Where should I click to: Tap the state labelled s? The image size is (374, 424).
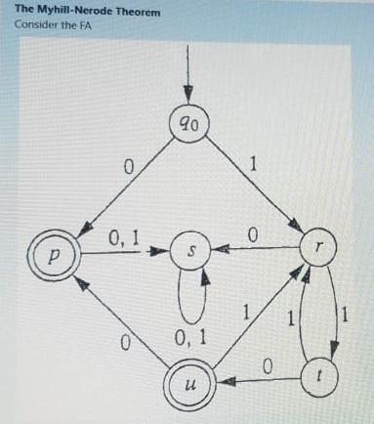(x=191, y=251)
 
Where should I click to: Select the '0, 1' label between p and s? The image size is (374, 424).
(x=123, y=236)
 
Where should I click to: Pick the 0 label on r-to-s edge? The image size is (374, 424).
(x=252, y=234)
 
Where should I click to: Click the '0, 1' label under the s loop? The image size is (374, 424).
(x=189, y=339)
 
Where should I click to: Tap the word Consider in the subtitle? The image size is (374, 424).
(x=35, y=24)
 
